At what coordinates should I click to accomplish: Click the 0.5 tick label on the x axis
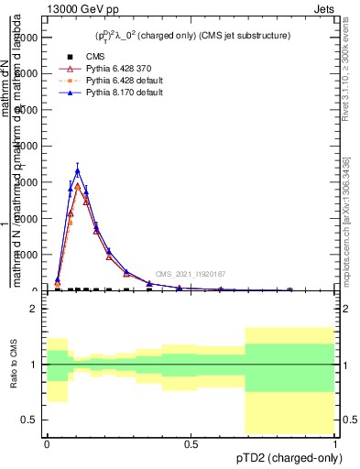click(191, 443)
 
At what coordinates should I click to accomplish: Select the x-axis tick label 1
click(334, 443)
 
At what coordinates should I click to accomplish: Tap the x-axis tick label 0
click(47, 443)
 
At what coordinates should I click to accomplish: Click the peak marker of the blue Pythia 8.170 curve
click(78, 170)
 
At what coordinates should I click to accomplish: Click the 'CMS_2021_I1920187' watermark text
click(191, 273)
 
